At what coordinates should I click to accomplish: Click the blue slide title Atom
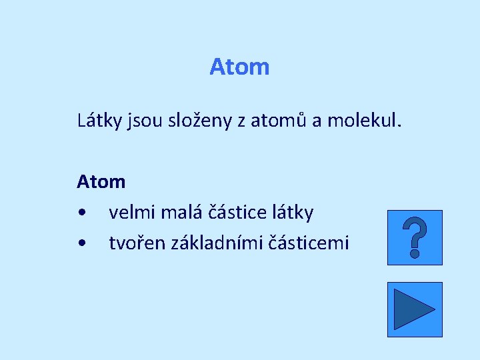pos(239,67)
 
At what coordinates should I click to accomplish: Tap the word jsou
pos(143,122)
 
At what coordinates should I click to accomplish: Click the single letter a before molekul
pos(316,122)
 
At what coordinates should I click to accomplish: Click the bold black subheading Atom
pos(101,181)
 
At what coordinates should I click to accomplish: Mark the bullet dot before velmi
pos(81,213)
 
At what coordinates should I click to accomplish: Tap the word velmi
pos(130,213)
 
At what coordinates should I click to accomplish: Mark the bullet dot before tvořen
pos(81,243)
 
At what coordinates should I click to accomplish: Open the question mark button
pos(415,237)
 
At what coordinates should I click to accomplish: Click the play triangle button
pos(415,309)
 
